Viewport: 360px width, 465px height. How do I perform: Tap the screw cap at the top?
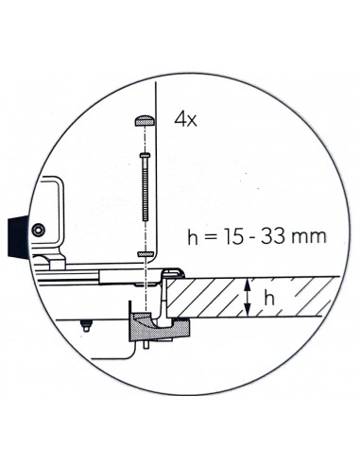pyautogui.click(x=144, y=120)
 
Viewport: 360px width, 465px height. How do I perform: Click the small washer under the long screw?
pyautogui.click(x=145, y=254)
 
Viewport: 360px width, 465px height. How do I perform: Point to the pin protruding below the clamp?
pyautogui.click(x=148, y=347)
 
